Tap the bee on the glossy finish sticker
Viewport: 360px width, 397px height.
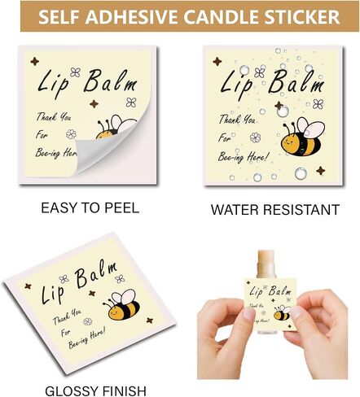click(122, 304)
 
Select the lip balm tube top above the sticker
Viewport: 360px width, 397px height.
click(266, 264)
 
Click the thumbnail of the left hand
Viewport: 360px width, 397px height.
click(248, 314)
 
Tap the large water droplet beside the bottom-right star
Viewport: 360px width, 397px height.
click(301, 173)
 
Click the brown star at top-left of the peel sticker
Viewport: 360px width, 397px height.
click(34, 62)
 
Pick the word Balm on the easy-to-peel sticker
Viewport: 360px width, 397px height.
click(110, 81)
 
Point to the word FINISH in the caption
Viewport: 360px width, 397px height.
click(125, 391)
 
